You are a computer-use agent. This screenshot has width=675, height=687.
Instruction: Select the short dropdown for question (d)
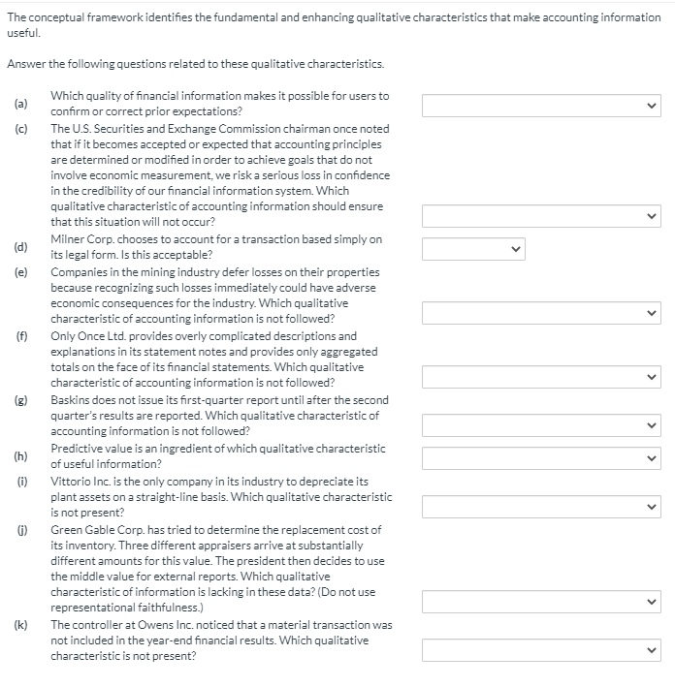click(474, 248)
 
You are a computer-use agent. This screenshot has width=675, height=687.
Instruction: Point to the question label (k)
click(19, 625)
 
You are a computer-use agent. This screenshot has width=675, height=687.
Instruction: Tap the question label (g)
click(19, 400)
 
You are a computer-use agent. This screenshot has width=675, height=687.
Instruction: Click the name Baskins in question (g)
click(71, 400)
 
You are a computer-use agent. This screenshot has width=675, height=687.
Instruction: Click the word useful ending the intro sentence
click(20, 32)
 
